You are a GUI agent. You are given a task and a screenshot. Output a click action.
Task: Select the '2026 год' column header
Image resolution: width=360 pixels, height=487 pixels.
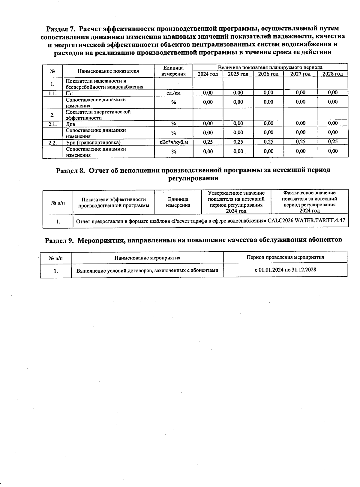[268, 74]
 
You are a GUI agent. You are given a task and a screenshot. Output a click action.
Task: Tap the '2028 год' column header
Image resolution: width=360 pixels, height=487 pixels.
[332, 74]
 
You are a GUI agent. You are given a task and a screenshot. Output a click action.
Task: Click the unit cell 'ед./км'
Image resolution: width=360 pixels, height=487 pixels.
[173, 93]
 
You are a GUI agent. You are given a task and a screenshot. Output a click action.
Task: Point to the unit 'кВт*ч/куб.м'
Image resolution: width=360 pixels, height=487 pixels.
[173, 142]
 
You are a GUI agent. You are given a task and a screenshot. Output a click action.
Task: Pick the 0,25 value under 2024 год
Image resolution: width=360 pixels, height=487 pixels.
[208, 142]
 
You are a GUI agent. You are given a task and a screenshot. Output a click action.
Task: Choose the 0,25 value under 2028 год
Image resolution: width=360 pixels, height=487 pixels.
[332, 142]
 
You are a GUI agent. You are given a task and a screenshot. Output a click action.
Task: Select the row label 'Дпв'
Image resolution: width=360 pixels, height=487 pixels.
[70, 124]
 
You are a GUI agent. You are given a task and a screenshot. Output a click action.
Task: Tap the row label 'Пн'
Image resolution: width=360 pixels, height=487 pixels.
[69, 93]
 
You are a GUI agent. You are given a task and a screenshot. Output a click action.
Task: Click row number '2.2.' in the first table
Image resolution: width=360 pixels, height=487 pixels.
[52, 142]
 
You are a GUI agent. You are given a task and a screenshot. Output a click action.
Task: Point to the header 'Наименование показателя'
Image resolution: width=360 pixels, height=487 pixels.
[108, 71]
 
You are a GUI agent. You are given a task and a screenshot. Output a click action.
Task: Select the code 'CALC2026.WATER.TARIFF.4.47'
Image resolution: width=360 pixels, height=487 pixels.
[306, 221]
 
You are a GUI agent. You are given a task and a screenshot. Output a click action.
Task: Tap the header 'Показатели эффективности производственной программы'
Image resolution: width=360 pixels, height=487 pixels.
[113, 202]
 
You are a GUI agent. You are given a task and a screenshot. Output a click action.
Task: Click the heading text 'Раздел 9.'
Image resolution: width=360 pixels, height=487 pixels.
[59, 240]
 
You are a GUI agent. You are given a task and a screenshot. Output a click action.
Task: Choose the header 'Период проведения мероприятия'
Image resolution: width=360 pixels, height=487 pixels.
[285, 257]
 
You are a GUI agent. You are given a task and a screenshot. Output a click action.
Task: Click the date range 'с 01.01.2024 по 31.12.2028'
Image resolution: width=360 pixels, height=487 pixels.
[285, 270]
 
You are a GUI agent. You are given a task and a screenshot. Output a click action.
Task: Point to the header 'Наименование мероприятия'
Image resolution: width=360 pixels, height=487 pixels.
[147, 258]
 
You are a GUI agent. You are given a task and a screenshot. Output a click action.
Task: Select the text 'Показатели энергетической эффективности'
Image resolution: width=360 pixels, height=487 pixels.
[98, 115]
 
